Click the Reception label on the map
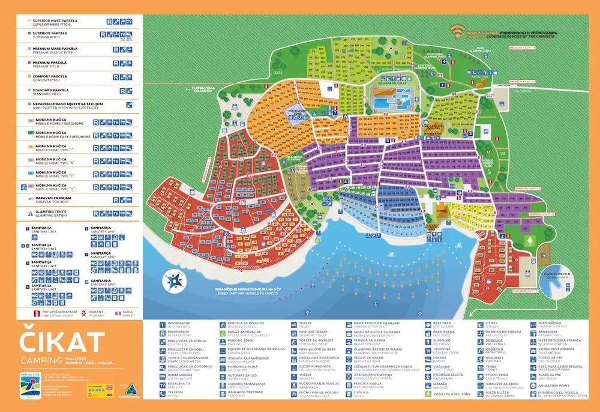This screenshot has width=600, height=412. [480, 77]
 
